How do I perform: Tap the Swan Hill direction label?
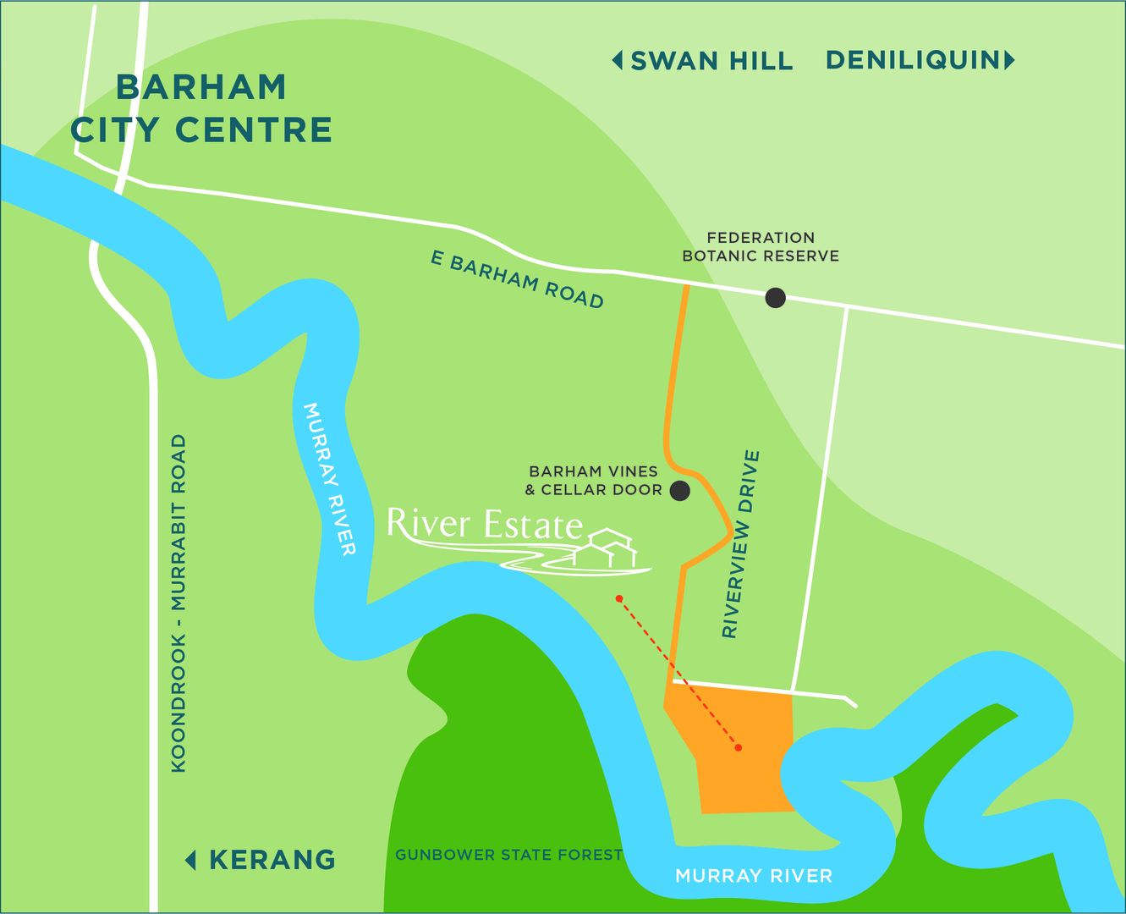click(711, 61)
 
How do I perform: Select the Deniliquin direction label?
click(912, 60)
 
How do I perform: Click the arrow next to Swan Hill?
click(618, 61)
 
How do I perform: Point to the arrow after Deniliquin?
click(1009, 60)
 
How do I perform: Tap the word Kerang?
click(272, 860)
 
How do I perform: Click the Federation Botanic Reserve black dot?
click(775, 297)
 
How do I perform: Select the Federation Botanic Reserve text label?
click(761, 246)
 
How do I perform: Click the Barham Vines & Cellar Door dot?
click(679, 490)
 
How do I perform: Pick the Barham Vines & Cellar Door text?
click(593, 480)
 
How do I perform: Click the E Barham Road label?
click(517, 279)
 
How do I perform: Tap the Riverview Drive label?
click(741, 544)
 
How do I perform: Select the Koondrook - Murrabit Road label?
click(179, 603)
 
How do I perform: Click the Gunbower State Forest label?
click(508, 855)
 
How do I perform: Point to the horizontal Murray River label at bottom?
click(753, 876)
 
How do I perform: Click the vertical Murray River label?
click(329, 479)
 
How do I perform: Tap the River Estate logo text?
click(485, 525)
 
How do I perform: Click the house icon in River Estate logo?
click(607, 548)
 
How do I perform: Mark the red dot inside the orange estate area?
click(739, 747)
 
